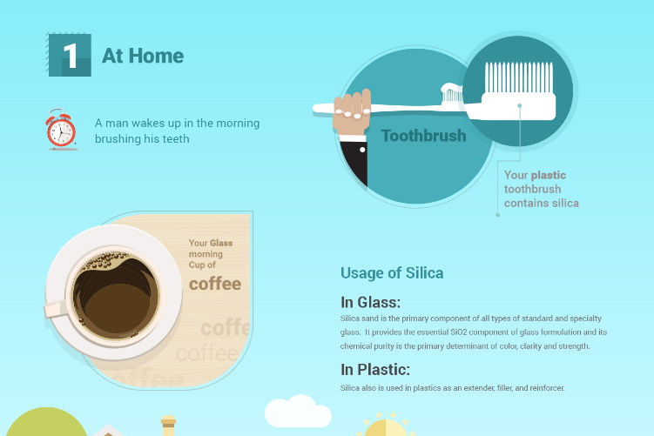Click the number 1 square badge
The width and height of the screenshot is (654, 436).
70,55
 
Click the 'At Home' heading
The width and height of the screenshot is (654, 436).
143,56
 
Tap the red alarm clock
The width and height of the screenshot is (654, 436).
61,129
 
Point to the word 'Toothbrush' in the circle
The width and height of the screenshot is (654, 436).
423,136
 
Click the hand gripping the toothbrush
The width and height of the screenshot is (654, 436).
352,112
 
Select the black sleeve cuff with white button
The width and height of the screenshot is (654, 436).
354,160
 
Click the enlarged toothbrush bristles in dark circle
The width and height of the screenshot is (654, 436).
519,77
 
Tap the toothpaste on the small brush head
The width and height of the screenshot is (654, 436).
451,88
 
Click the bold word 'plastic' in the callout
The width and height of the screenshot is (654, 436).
549,175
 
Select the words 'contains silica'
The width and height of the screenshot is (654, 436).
542,203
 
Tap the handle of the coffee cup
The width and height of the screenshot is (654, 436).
55,309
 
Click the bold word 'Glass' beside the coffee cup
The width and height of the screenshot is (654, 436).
221,243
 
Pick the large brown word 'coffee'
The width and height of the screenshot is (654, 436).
215,284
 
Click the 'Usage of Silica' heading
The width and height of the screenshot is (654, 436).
392,273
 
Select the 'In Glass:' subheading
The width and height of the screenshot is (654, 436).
370,302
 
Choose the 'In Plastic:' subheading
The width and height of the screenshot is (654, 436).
375,369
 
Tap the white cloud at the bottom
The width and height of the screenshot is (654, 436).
298,412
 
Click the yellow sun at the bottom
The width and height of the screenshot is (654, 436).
386,426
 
